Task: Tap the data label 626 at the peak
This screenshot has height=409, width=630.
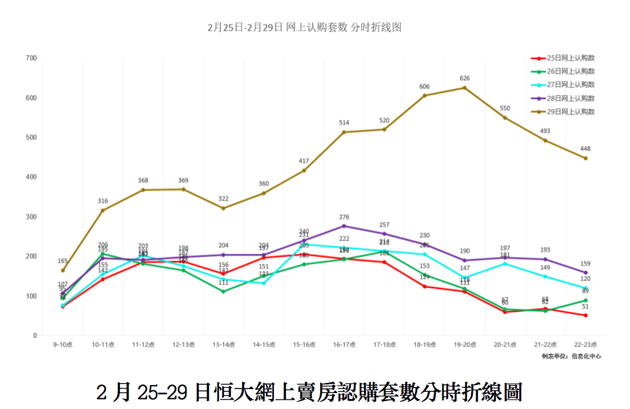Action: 465,78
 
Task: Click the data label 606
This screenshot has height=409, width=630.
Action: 424,86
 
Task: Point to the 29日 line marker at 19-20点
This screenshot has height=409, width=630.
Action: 464,88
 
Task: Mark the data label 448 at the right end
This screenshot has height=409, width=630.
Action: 586,149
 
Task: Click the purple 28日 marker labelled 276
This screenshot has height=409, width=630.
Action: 344,226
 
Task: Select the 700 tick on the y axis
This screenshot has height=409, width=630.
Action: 31,58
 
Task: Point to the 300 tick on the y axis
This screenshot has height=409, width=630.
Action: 31,217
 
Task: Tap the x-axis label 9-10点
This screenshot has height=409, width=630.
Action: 63,345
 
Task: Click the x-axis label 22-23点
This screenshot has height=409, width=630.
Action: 586,345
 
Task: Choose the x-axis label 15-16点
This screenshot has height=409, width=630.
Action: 304,345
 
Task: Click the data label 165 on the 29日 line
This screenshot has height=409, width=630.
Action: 62,261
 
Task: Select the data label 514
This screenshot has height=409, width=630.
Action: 344,123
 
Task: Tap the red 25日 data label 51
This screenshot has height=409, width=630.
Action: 586,307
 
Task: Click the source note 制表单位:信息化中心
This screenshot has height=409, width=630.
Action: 571,357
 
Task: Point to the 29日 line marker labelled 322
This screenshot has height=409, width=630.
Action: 223,208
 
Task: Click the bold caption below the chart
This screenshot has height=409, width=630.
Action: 309,391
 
